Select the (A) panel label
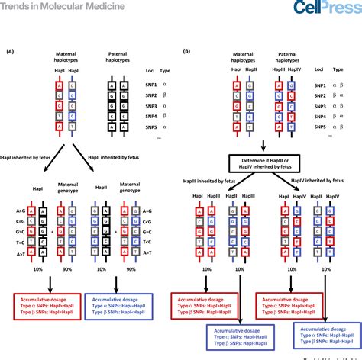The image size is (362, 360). (10, 51)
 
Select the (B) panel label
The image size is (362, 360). (187, 51)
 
